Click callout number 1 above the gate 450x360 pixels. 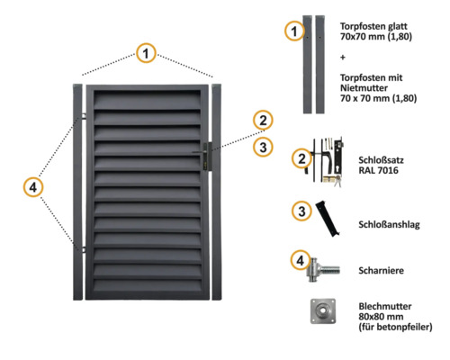[x=145, y=54]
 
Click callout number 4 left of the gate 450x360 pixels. [x=32, y=187]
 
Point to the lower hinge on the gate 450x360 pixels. [x=82, y=249]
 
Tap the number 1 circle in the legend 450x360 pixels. [x=292, y=31]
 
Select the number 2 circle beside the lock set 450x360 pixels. [x=301, y=158]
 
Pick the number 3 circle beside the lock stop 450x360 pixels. [x=301, y=211]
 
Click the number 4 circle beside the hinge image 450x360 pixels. [x=301, y=262]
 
